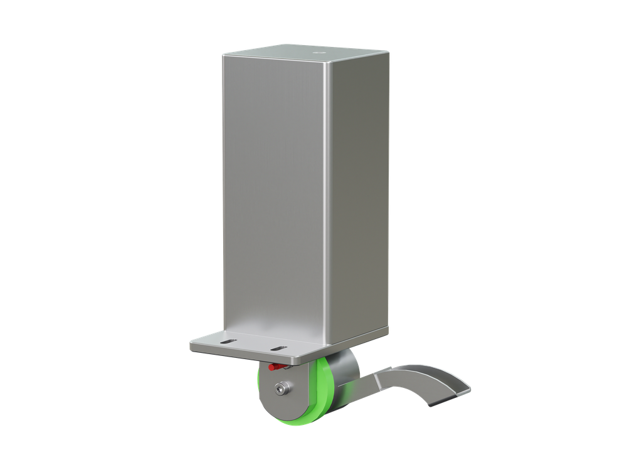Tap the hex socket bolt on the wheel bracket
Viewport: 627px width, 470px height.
click(x=280, y=389)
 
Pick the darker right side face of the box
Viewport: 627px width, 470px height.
click(x=361, y=188)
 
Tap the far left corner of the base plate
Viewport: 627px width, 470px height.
click(x=191, y=344)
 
